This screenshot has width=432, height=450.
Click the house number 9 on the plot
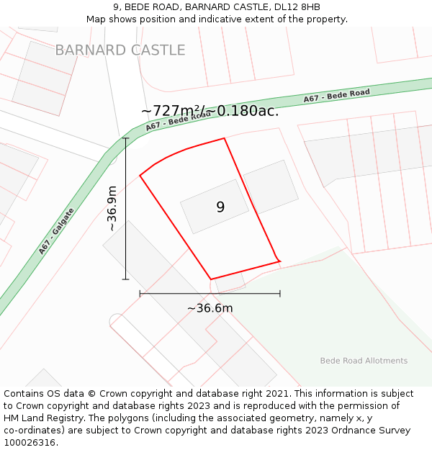tap(220, 207)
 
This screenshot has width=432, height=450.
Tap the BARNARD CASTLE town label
tap(120, 50)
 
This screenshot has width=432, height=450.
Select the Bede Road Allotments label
tap(364, 361)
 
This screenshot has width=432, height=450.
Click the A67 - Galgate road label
tap(57, 232)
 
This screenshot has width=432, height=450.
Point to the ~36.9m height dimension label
tap(112, 209)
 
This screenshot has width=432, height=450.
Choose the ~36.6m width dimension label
tap(210, 308)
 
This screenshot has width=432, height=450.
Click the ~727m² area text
tap(170, 111)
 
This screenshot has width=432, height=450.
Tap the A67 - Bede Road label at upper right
tap(336, 95)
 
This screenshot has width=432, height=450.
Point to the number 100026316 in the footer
tap(30, 443)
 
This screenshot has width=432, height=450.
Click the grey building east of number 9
tap(270, 186)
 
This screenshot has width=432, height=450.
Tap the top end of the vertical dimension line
tap(126, 138)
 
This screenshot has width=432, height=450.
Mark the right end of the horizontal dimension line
tap(280, 294)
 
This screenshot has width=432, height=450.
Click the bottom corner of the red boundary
tap(211, 279)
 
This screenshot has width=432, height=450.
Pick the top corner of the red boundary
tap(225, 138)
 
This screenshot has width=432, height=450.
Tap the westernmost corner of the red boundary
tap(140, 175)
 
